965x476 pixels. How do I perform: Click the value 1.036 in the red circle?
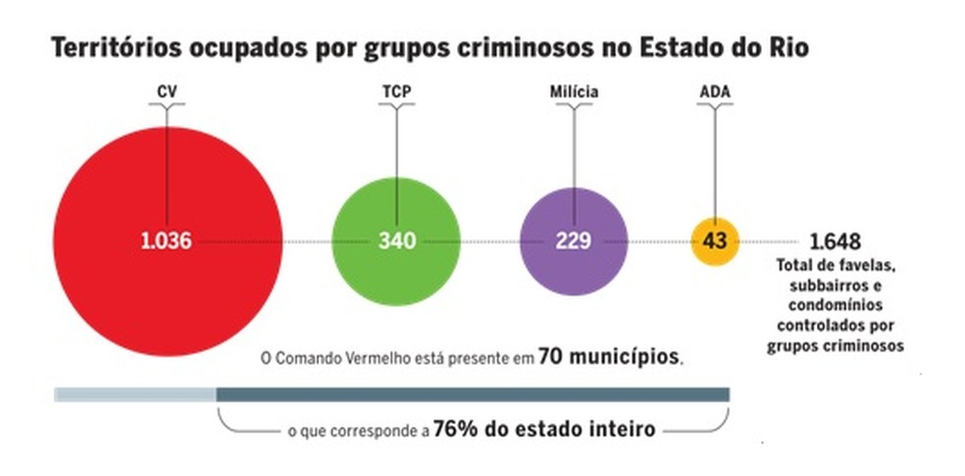[166, 240]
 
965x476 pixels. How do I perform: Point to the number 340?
[397, 240]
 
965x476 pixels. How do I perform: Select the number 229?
[573, 240]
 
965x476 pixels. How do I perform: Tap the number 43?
[715, 240]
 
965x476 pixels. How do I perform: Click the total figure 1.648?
[835, 241]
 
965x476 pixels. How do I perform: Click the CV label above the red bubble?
[167, 92]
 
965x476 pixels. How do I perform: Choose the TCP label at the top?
[396, 92]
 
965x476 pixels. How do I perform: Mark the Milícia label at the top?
[574, 92]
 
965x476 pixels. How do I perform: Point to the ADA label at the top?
[714, 92]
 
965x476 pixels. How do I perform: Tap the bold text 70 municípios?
[608, 357]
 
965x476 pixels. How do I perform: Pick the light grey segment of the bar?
[134, 395]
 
